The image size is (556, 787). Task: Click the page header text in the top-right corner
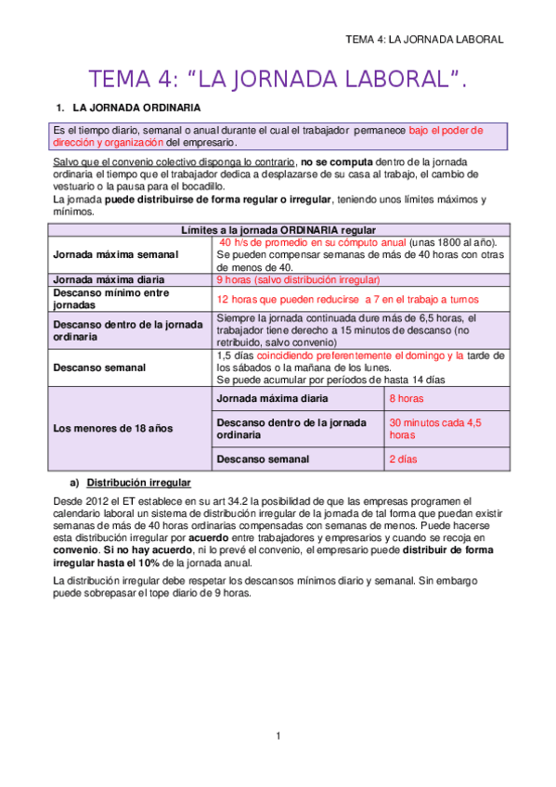(x=423, y=39)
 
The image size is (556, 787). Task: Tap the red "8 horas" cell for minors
(x=407, y=398)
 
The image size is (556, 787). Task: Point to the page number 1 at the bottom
(x=278, y=736)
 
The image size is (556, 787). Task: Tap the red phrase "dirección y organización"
(x=109, y=143)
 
